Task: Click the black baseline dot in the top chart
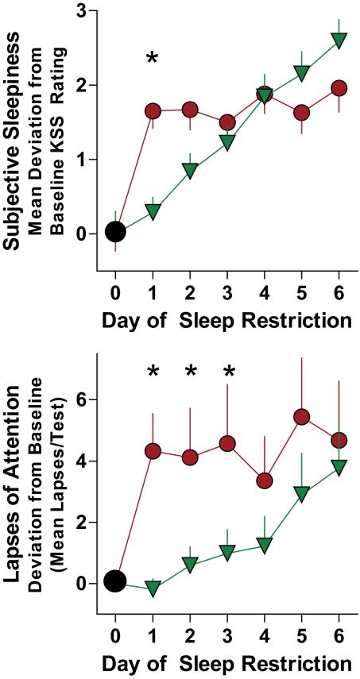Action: [115, 232]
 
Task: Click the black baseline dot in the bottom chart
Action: [115, 581]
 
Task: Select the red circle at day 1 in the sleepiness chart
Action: [153, 111]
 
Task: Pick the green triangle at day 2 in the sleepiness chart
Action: [190, 170]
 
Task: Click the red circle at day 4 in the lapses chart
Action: [265, 480]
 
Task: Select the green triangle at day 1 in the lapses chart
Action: [153, 588]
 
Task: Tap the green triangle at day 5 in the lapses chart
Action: [302, 494]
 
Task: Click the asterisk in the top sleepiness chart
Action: [153, 59]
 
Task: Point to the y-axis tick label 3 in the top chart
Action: [82, 12]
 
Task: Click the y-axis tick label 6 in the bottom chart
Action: [82, 399]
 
